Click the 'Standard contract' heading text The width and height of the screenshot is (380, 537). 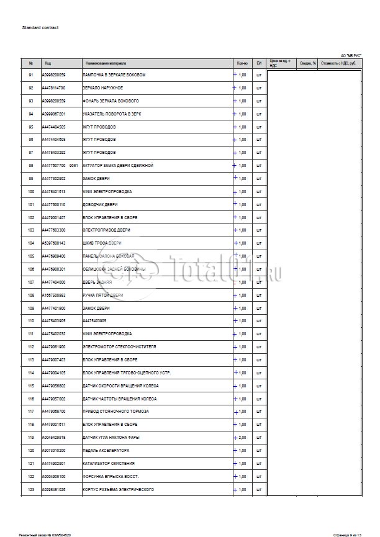(x=40, y=28)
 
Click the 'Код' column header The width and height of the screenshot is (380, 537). (x=48, y=63)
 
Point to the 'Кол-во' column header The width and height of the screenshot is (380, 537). (x=242, y=63)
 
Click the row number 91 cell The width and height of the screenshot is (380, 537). (x=30, y=74)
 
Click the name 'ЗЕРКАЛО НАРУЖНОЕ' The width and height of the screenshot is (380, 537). (x=102, y=88)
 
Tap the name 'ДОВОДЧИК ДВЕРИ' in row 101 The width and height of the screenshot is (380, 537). (x=100, y=204)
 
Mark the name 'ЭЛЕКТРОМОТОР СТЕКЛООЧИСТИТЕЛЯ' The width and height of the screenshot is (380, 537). (x=119, y=347)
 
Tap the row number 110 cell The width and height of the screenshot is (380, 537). (x=30, y=321)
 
